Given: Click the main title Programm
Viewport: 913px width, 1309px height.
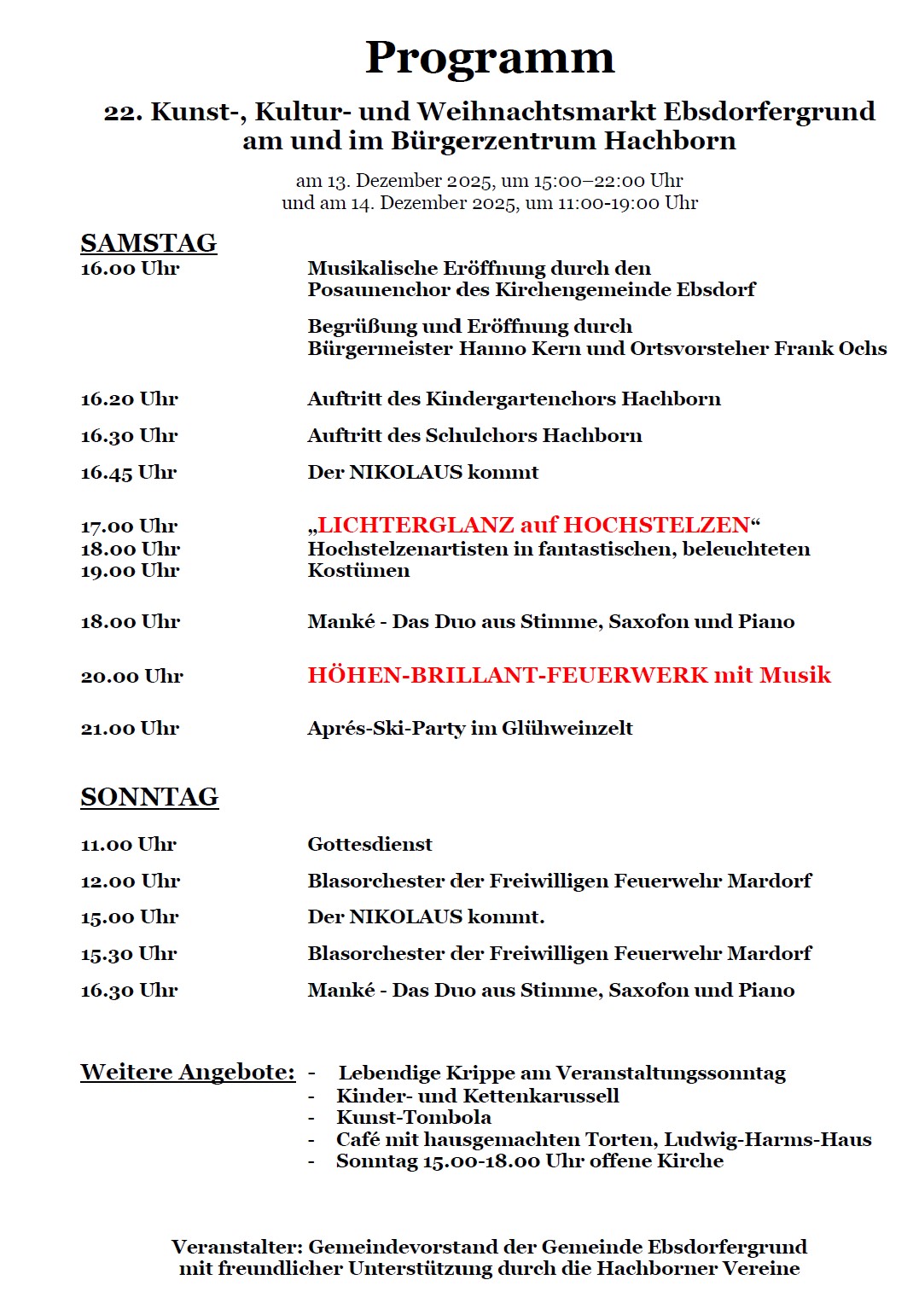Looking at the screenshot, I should coord(490,58).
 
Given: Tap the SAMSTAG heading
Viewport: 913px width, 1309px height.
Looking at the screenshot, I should coord(148,243).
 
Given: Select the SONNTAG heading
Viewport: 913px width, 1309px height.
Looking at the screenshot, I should coord(149,797).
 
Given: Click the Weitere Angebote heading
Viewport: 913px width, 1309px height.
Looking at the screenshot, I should coord(188,1072).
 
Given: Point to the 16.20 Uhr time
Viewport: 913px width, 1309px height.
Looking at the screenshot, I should coord(129,399).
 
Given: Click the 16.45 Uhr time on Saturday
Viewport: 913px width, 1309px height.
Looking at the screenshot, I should coord(128,473).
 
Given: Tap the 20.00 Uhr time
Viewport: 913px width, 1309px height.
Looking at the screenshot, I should coord(131,677).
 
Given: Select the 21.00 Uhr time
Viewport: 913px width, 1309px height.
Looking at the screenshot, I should coord(130,729).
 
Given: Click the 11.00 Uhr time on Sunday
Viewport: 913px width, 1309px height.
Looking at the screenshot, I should coord(128,845).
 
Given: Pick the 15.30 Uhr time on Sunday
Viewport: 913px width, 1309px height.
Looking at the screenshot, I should coord(128,954).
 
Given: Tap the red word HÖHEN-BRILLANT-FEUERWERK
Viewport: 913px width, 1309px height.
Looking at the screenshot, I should coord(508,676).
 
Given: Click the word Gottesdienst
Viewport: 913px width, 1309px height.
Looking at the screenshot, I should coord(369,845).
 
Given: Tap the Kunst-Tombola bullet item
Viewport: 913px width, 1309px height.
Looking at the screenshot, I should coord(414,1118).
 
